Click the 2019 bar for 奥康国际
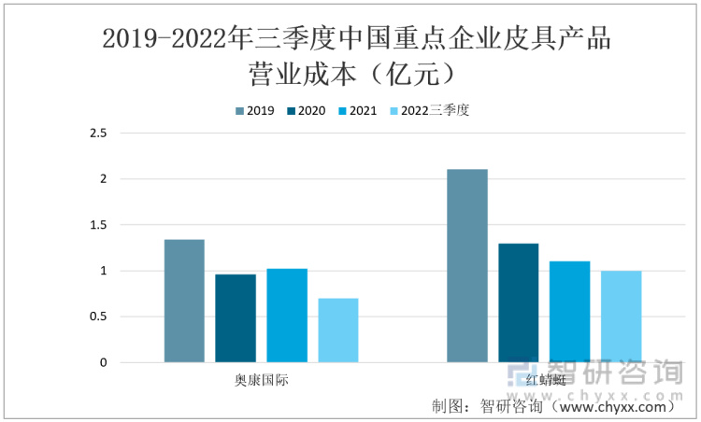pyautogui.click(x=184, y=301)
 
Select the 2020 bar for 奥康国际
pyautogui.click(x=236, y=318)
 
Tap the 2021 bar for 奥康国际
pyautogui.click(x=287, y=316)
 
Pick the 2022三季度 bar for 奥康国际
pyautogui.click(x=338, y=331)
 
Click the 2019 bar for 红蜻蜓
pyautogui.click(x=466, y=266)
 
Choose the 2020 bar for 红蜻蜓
pyautogui.click(x=518, y=303)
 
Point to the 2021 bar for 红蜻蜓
pyautogui.click(x=569, y=312)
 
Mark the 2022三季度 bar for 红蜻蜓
pyautogui.click(x=621, y=316)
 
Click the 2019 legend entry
pyautogui.click(x=254, y=110)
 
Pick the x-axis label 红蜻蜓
pyautogui.click(x=544, y=381)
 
